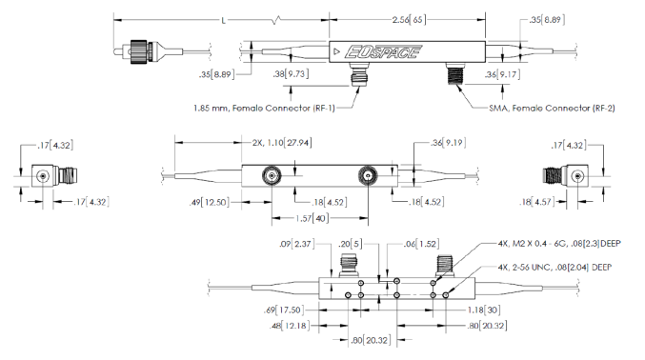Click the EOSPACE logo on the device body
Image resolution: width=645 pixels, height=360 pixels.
[x=383, y=51]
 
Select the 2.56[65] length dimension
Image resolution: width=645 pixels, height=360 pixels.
[x=409, y=19]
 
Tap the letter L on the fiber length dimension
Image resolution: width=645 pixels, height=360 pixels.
[x=223, y=20]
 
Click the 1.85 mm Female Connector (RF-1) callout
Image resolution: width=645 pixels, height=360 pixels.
[x=264, y=109]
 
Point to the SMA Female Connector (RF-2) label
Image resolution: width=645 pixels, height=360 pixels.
[x=552, y=109]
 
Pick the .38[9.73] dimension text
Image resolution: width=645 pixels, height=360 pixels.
[x=291, y=74]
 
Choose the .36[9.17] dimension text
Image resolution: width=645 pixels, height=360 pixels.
[x=502, y=74]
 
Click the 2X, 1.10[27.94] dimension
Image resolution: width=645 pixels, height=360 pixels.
[x=282, y=143]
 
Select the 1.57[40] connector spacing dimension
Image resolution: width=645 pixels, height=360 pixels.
[x=312, y=218]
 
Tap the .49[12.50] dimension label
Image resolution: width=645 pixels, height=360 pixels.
[x=210, y=203]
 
